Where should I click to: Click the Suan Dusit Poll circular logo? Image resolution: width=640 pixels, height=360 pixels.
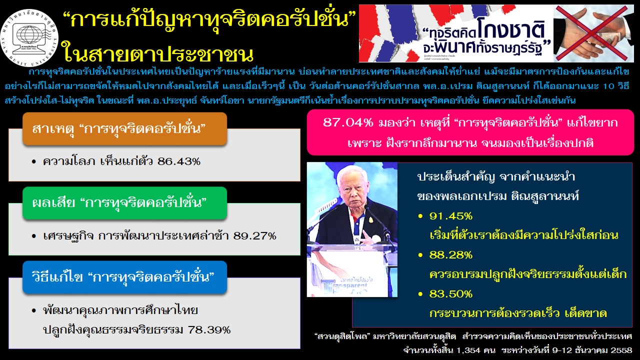[29, 38]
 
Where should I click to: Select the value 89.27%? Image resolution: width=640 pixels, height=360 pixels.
[255, 236]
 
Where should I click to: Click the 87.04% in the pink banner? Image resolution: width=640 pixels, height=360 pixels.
[348, 123]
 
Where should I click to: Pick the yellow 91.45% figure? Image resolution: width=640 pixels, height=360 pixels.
[451, 216]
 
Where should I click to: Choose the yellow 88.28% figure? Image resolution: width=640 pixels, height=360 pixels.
[451, 255]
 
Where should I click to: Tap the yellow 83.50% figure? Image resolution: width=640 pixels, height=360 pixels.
[451, 294]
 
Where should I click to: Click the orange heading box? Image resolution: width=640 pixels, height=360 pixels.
[125, 129]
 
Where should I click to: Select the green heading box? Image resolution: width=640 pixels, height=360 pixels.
[125, 203]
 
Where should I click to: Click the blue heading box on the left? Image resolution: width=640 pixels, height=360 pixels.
[125, 277]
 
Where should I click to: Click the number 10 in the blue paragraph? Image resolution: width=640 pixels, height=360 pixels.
[607, 86]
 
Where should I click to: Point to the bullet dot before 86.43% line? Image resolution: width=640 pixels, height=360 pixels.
[34, 162]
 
